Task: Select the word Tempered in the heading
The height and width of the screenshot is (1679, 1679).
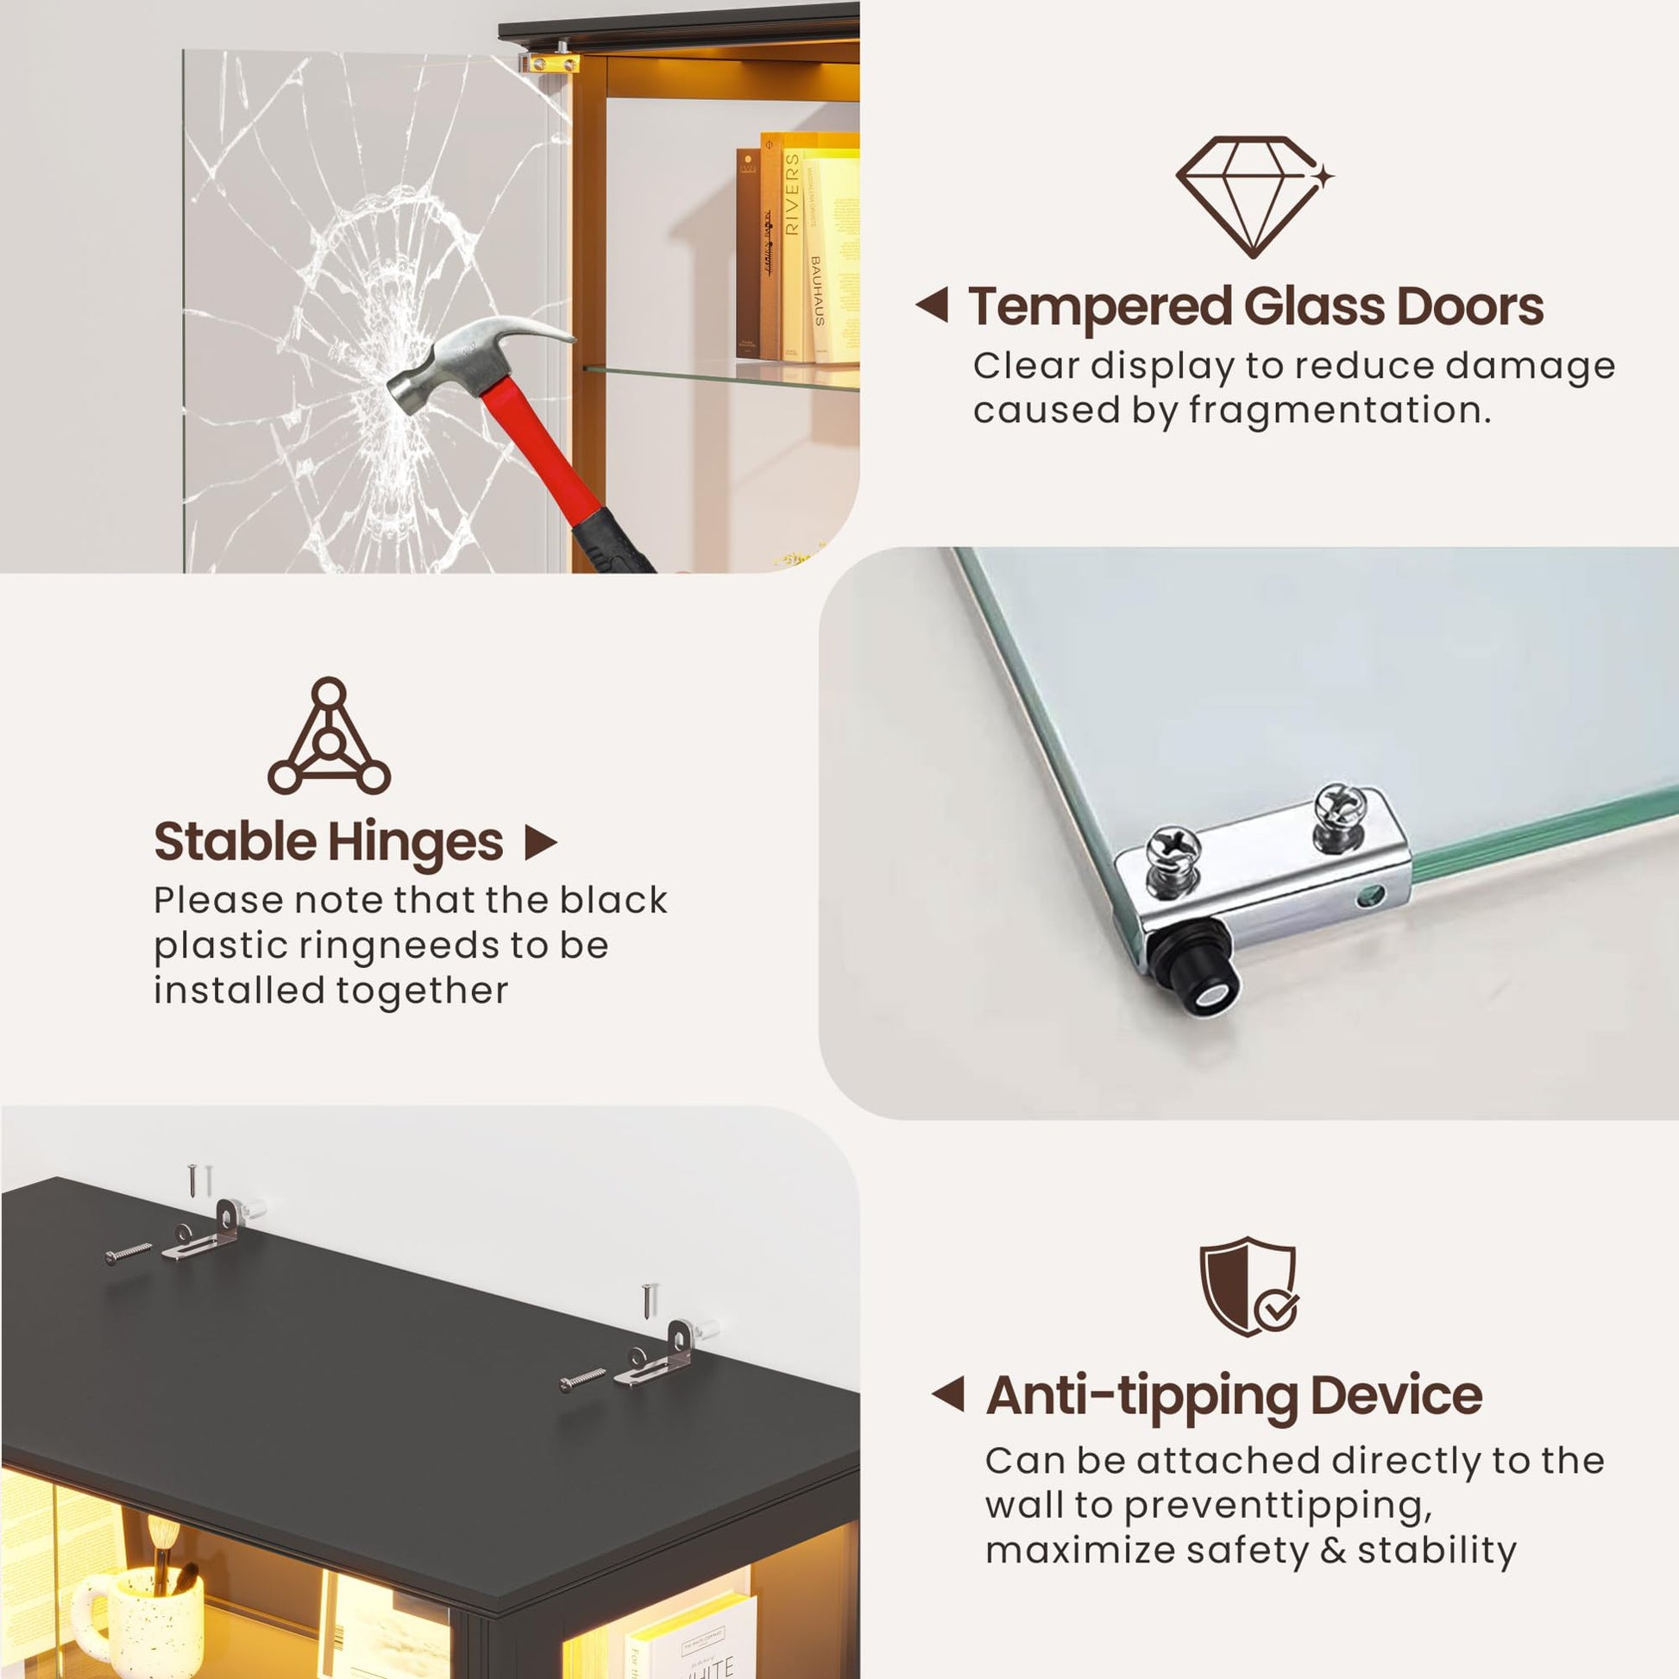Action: click(x=1100, y=308)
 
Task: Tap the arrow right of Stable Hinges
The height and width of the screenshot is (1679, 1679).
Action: click(x=541, y=842)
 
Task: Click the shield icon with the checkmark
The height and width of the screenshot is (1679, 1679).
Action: click(x=1248, y=1287)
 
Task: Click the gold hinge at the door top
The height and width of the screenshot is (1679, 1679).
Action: click(x=550, y=63)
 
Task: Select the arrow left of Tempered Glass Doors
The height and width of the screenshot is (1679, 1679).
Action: click(x=932, y=305)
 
